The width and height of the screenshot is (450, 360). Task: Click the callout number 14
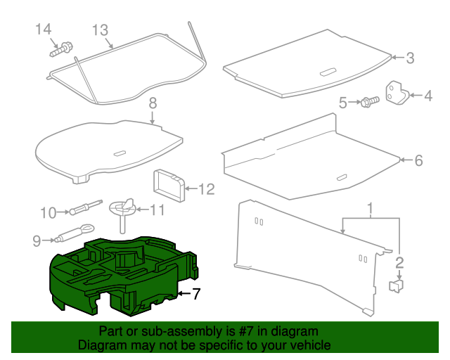click(44, 29)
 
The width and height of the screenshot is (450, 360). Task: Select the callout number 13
click(101, 30)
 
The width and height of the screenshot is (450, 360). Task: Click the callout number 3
click(411, 58)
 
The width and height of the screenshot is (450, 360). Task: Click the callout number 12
click(205, 188)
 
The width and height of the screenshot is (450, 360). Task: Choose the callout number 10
click(48, 212)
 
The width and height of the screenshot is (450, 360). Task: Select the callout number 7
click(197, 293)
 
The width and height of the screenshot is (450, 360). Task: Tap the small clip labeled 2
click(397, 285)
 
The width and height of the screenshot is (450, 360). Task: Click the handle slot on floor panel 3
click(328, 72)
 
